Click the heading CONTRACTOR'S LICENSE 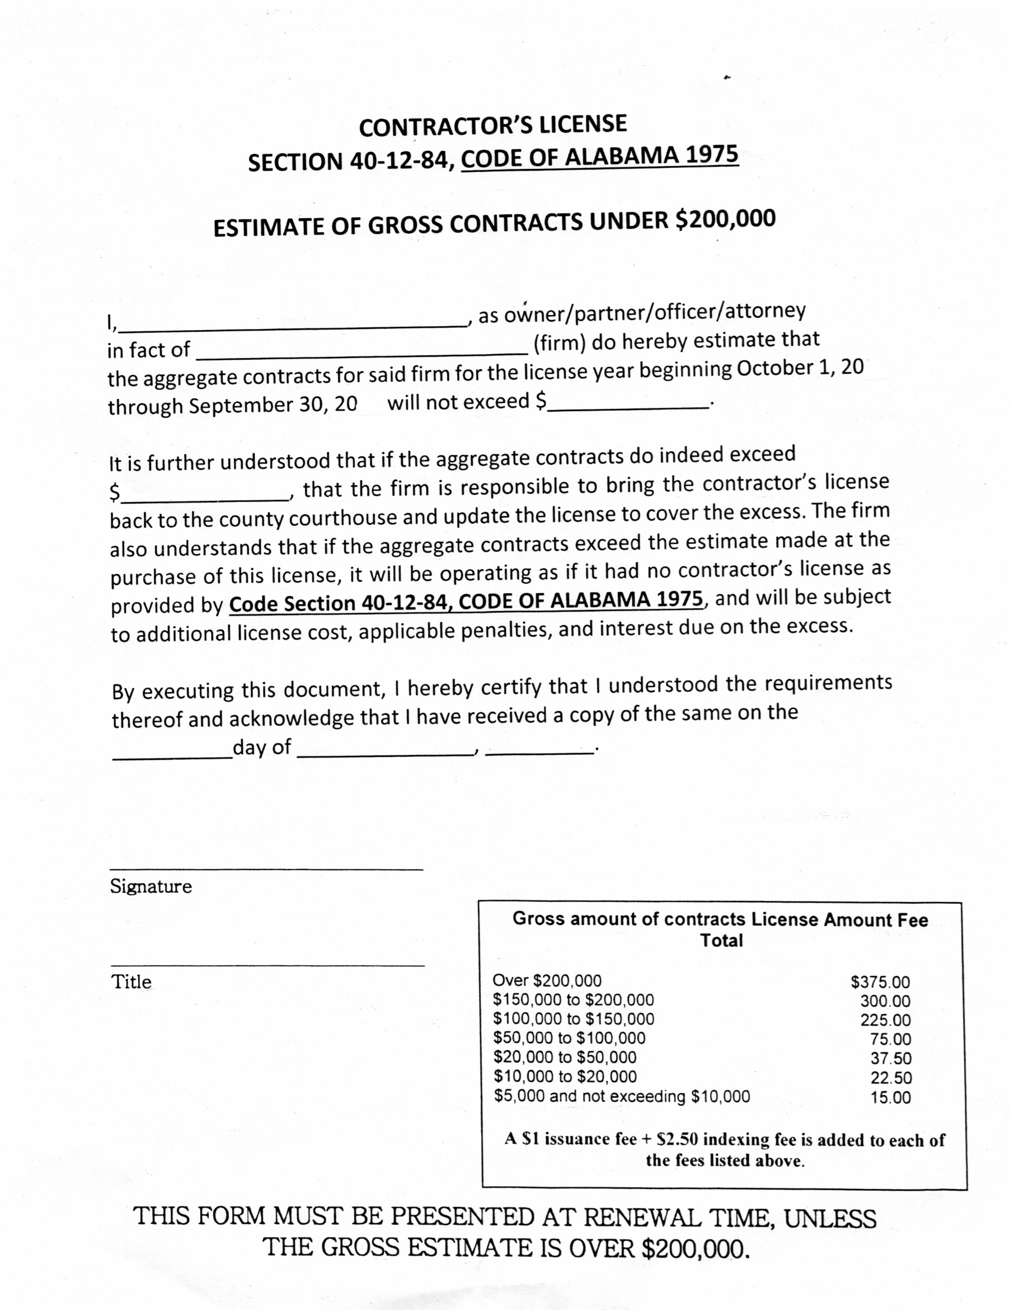point(492,125)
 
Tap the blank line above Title point(267,965)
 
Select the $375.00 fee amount point(880,982)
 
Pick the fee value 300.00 point(885,1001)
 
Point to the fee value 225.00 point(885,1020)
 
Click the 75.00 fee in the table point(891,1040)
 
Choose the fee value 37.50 point(891,1059)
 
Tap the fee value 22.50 point(891,1078)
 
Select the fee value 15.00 point(891,1098)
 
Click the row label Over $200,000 point(546,981)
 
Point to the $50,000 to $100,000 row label point(569,1038)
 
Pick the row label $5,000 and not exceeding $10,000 point(621,1096)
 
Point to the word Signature point(151,886)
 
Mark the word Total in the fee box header point(721,940)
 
